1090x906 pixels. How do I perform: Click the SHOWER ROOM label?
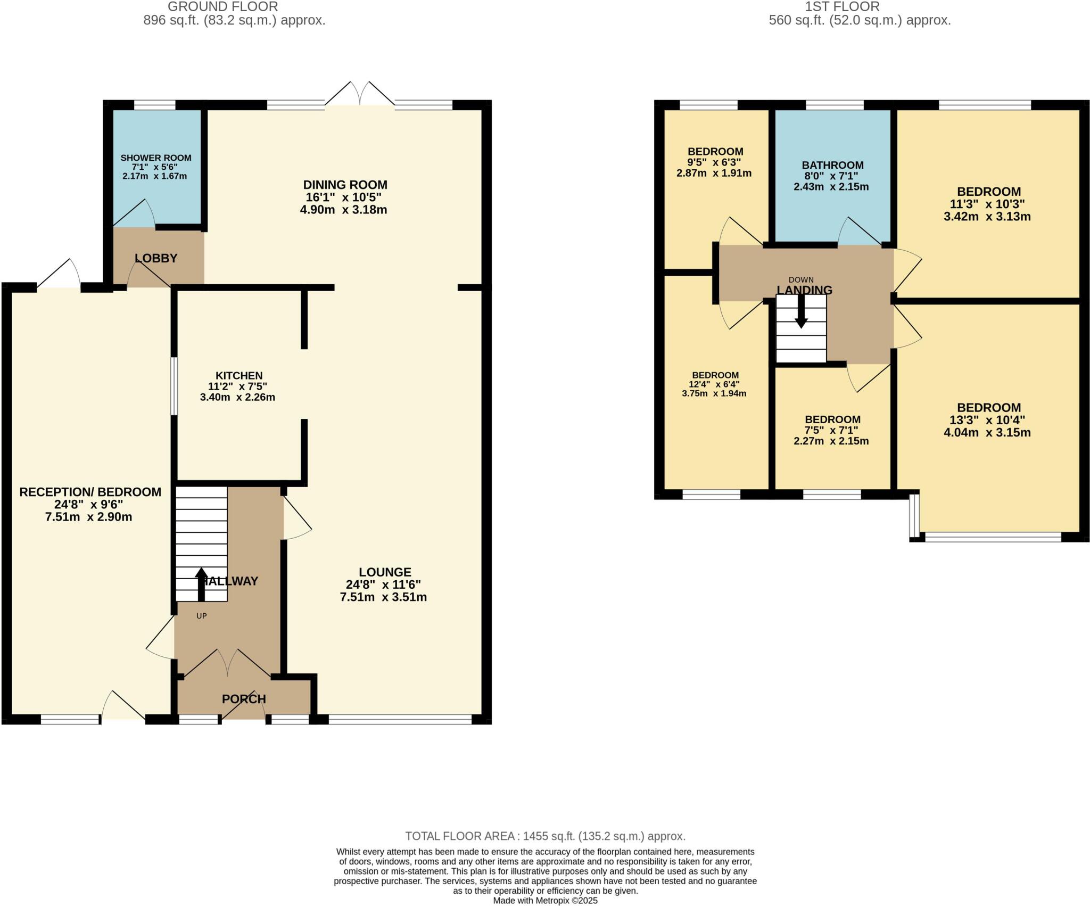pos(155,158)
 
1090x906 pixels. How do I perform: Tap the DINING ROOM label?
pos(345,185)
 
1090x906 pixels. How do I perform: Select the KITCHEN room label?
pos(238,376)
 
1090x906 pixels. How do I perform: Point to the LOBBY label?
pos(156,258)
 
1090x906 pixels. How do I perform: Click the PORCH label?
pos(244,699)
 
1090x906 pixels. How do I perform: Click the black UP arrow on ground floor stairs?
pos(201,584)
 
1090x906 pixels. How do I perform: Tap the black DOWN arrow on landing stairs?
pos(801,317)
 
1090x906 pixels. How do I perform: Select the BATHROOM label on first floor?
pos(832,165)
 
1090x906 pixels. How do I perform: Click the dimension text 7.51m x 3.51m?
pos(383,597)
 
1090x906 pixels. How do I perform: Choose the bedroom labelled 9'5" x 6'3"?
pos(715,152)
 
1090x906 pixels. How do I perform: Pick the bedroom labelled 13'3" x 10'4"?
pos(988,408)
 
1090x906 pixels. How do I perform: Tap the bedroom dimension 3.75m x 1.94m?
pos(714,393)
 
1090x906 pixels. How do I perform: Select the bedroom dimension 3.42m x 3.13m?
pos(987,217)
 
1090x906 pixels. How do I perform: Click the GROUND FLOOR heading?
pos(222,7)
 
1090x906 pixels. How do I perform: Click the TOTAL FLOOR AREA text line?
pos(545,836)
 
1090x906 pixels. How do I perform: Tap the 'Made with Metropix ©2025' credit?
pos(545,901)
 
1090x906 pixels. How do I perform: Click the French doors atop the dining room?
pos(360,96)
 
